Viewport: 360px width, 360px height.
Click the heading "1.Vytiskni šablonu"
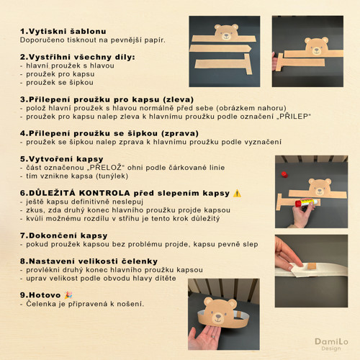coord(63,32)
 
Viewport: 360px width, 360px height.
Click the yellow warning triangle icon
coord(237,193)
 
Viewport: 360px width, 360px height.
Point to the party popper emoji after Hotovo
coord(68,295)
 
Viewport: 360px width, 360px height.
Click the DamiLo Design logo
coord(331,344)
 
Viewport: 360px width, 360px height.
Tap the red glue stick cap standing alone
coord(284,174)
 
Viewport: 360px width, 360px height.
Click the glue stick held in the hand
coord(307,202)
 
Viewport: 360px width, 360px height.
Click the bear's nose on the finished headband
coord(218,315)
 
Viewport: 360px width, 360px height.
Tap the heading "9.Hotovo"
coord(40,295)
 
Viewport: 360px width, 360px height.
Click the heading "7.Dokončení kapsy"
coord(63,235)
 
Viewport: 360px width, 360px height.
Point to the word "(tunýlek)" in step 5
coord(112,176)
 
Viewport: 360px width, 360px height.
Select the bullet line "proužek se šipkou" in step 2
coord(57,82)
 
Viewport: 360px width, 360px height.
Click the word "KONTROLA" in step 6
coord(104,193)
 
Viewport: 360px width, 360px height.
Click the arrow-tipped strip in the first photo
coord(220,48)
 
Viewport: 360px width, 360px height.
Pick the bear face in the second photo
coord(317,46)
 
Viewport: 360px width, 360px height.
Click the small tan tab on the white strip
coord(312,266)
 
